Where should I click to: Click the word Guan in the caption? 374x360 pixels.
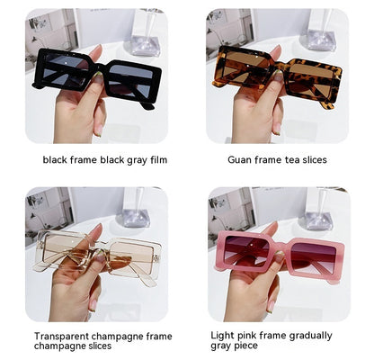(x=239, y=159)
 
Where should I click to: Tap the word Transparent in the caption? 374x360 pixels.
(x=61, y=336)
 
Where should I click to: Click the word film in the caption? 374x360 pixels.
(x=159, y=159)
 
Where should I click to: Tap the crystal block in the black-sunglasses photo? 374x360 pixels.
(x=146, y=46)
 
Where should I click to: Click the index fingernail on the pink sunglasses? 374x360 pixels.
(x=280, y=256)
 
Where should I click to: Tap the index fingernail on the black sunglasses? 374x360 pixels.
(x=98, y=78)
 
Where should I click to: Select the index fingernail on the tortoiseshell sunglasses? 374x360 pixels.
(x=278, y=76)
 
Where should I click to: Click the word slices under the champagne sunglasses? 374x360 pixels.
(x=96, y=346)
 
